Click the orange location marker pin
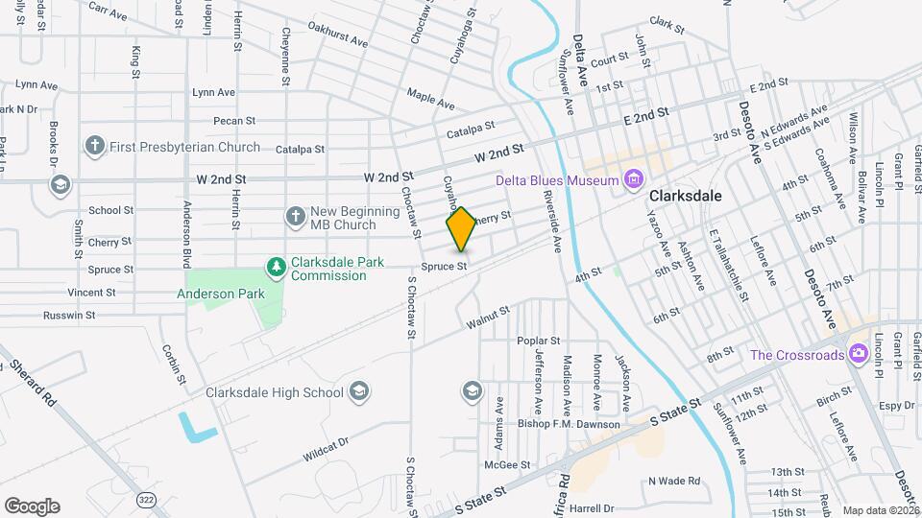point(461,228)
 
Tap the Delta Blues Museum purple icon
point(632,178)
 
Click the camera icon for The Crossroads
point(858,355)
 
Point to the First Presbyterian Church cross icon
point(94,147)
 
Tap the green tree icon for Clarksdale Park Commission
point(276,265)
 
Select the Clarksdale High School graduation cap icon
point(358,391)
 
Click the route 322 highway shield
point(146,500)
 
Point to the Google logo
point(32,506)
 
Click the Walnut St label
point(486,316)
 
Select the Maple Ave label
point(429,97)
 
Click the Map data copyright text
point(881,510)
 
